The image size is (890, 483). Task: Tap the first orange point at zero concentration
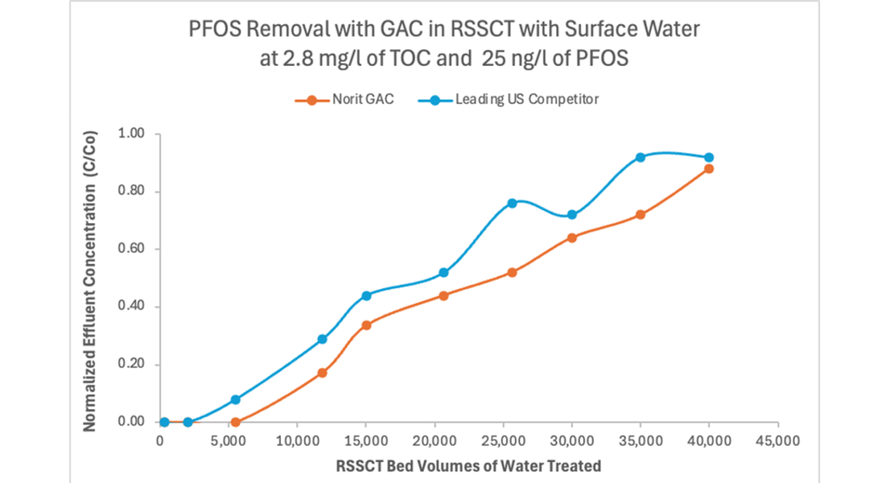(x=235, y=422)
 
